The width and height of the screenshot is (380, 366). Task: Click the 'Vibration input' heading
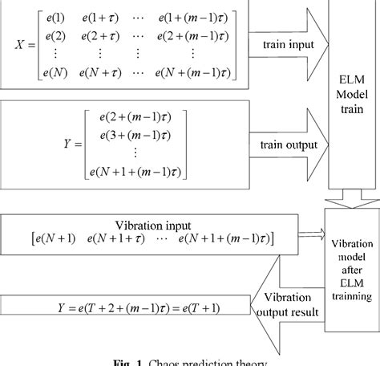[x=146, y=224]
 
